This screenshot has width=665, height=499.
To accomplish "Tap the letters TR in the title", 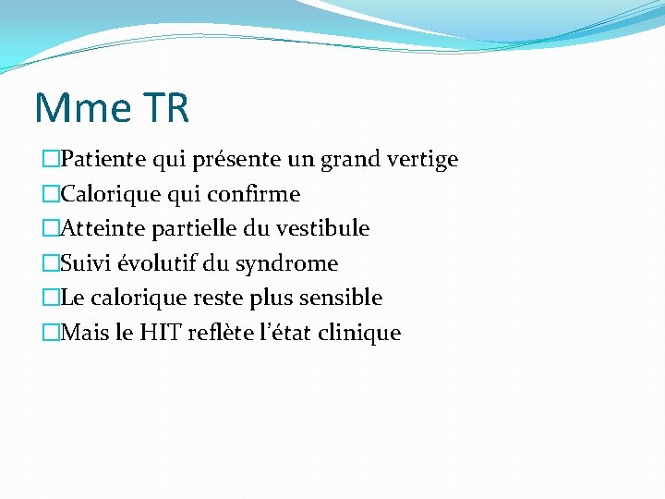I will pyautogui.click(x=166, y=108).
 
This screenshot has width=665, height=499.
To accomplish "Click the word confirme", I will pyautogui.click(x=254, y=195).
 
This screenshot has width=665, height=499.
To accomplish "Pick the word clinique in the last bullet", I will pyautogui.click(x=358, y=333).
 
